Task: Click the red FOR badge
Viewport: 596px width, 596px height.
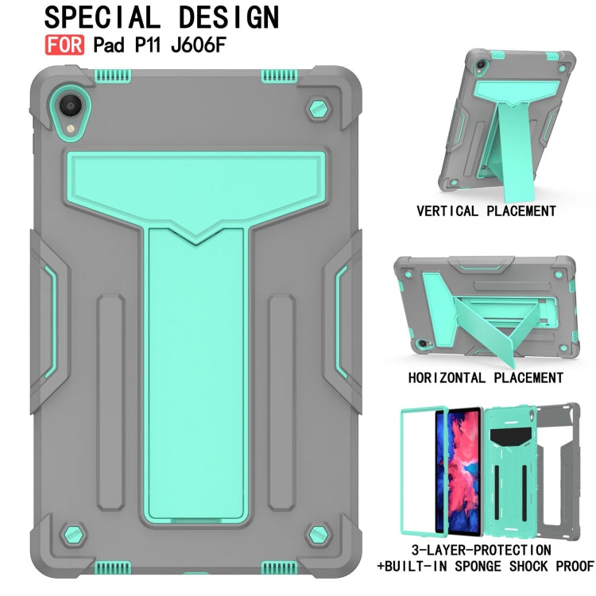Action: (64, 45)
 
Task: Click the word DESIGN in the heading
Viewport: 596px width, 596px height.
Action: (229, 17)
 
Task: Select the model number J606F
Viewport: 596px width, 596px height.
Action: (199, 45)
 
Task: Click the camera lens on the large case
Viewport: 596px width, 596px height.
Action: (70, 105)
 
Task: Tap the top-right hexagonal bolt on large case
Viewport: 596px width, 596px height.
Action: (318, 110)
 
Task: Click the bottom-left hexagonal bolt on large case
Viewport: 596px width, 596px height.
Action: (73, 536)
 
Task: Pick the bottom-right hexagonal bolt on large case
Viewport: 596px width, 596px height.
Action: (318, 536)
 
